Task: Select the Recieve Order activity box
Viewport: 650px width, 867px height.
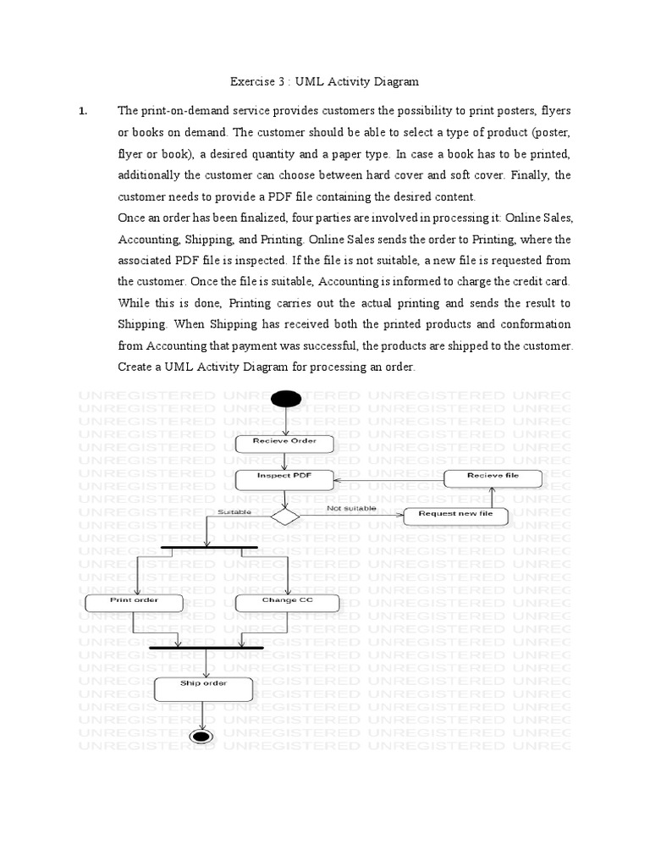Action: (x=285, y=443)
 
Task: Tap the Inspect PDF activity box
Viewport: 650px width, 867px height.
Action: (x=285, y=478)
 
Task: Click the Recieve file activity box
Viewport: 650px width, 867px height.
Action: (x=493, y=478)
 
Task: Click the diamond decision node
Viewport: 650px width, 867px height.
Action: (x=285, y=516)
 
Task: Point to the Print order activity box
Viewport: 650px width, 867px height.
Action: (x=135, y=602)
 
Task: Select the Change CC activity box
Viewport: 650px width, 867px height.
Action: (x=288, y=602)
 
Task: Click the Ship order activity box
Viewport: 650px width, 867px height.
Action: (x=203, y=687)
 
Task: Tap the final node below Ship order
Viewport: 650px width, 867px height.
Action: (x=202, y=736)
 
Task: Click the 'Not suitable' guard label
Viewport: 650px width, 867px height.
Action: (x=351, y=509)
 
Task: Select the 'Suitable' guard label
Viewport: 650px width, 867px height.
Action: (x=234, y=512)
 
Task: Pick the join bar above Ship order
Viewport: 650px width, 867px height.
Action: (x=206, y=648)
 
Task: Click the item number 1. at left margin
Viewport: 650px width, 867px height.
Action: (x=83, y=111)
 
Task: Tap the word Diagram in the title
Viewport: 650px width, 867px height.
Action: (x=397, y=82)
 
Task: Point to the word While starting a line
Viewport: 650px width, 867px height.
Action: (x=134, y=303)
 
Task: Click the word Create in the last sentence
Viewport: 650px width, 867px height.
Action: (x=135, y=367)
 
